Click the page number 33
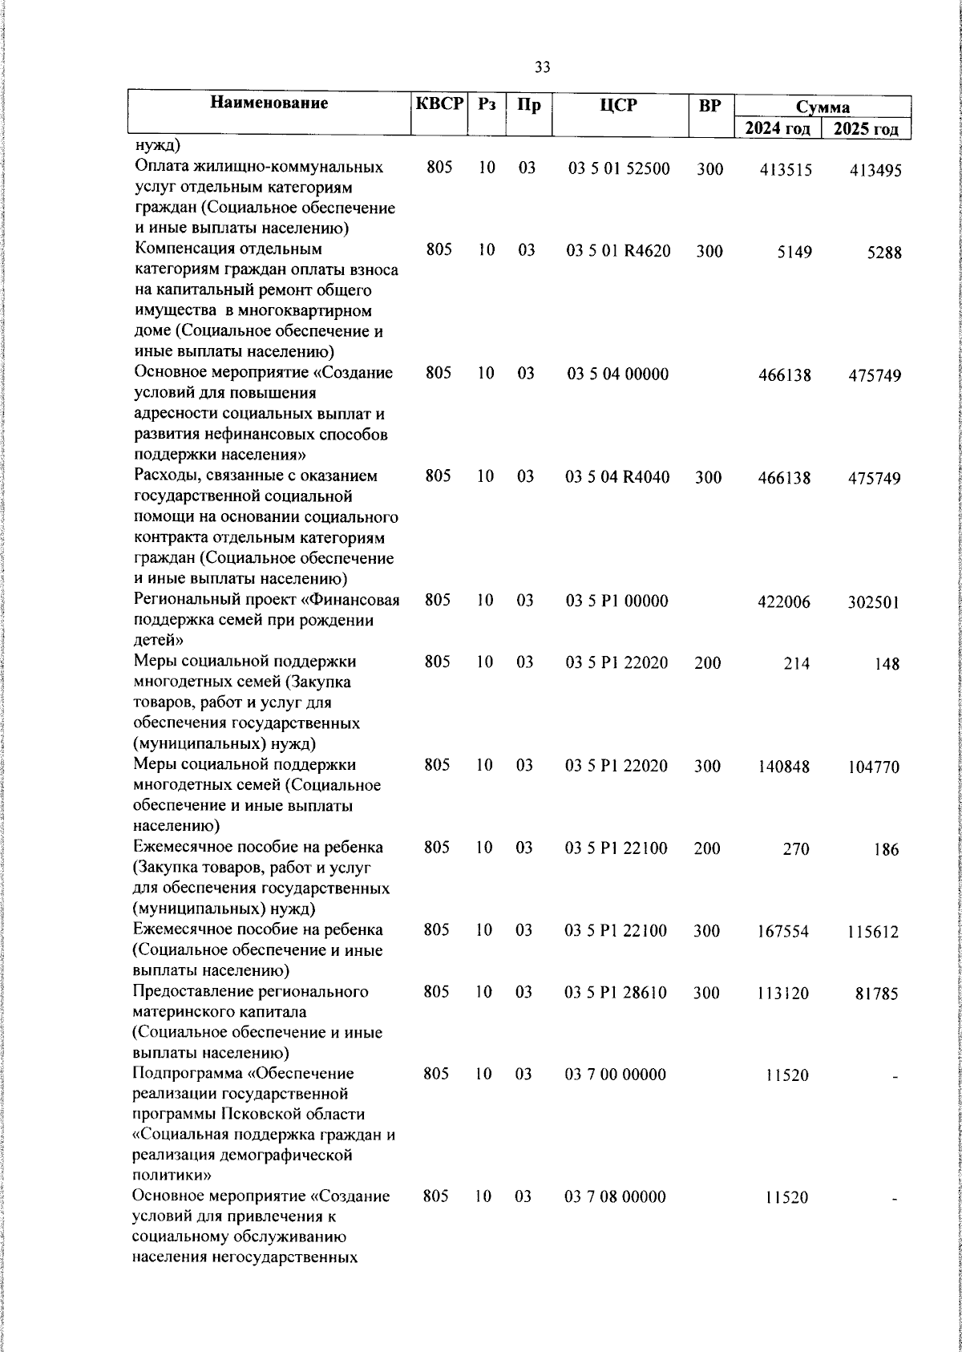pyautogui.click(x=542, y=67)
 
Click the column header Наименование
pyautogui.click(x=269, y=103)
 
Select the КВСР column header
pyautogui.click(x=439, y=103)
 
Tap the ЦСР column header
pyautogui.click(x=618, y=104)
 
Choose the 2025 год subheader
pyautogui.click(x=866, y=129)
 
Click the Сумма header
pyautogui.click(x=823, y=107)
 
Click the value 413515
pyautogui.click(x=785, y=170)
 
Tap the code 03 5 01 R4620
pyautogui.click(x=618, y=251)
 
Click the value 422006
pyautogui.click(x=784, y=601)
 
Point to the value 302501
pyautogui.click(x=874, y=602)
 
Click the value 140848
pyautogui.click(x=784, y=767)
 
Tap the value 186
pyautogui.click(x=887, y=849)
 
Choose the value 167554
pyautogui.click(x=784, y=932)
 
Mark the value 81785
pyautogui.click(x=876, y=994)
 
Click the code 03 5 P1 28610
pyautogui.click(x=616, y=993)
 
